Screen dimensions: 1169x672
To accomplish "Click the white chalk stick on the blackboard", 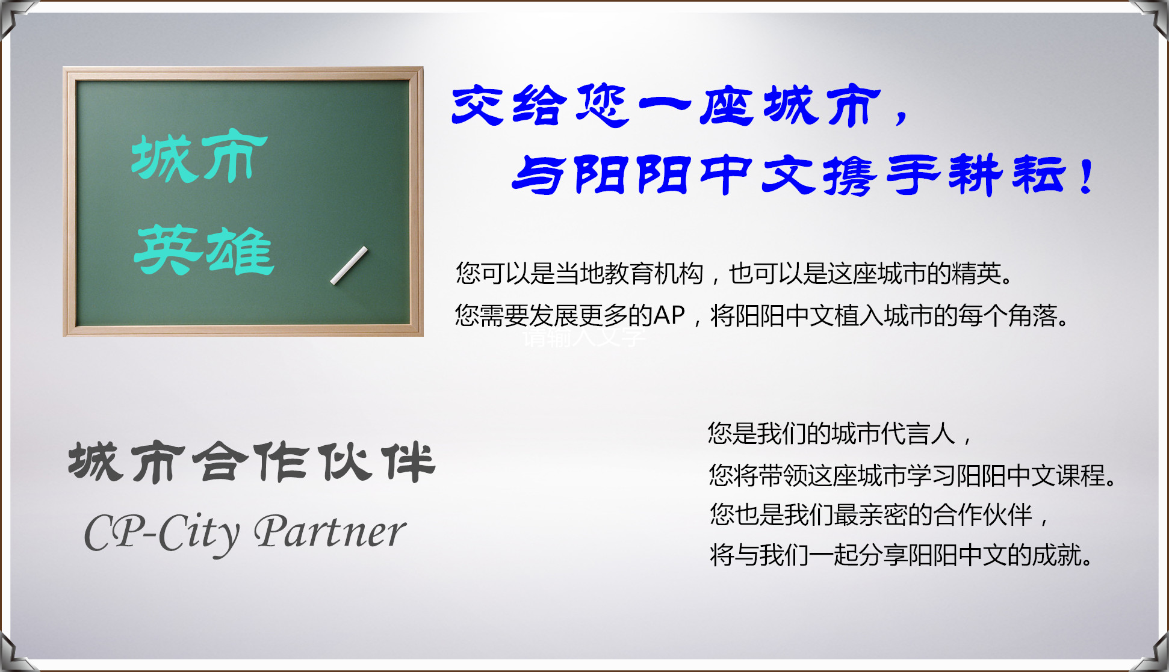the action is coord(349,265).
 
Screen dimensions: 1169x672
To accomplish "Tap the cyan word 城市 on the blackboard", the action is coord(200,157).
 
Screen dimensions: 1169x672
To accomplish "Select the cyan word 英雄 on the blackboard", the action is coord(204,250).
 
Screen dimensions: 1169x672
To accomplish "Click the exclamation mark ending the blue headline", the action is coord(1087,176).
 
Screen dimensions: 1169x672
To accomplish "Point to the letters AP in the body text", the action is coord(669,315).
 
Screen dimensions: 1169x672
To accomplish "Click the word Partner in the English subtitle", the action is coord(330,532).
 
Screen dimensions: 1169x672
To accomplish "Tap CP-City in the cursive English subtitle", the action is coord(162,533).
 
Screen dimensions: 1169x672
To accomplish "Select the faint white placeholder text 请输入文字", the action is coord(584,338).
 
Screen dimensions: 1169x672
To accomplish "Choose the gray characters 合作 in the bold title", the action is coord(252,462).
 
